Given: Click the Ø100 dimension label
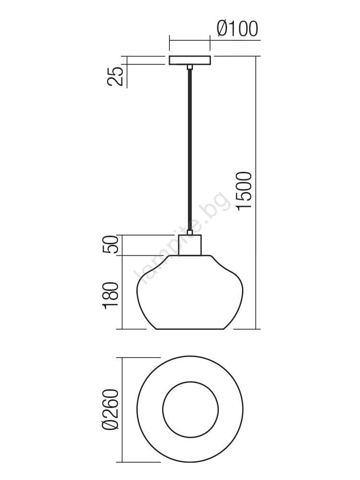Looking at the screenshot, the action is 238,29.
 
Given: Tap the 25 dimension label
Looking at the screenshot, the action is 115,76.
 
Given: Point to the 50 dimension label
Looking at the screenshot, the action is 110,244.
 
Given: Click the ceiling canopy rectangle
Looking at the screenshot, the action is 190,60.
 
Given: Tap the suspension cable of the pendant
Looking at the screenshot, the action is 190,150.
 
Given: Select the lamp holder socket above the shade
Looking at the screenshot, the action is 190,245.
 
